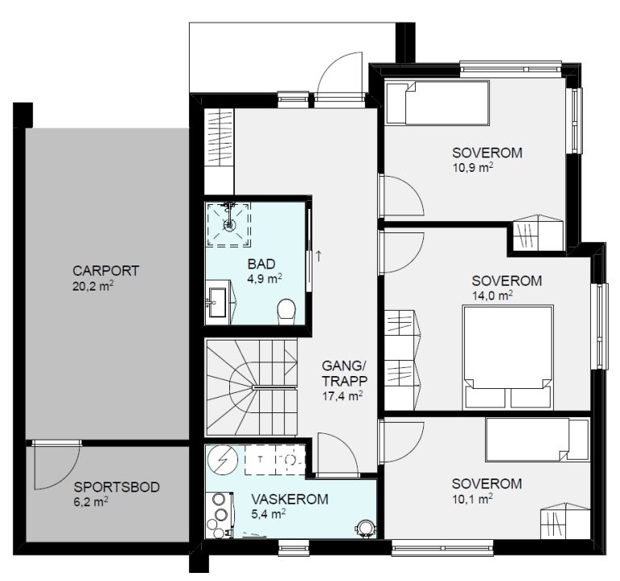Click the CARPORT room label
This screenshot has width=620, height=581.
(x=106, y=271)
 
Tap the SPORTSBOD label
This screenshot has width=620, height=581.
(x=116, y=487)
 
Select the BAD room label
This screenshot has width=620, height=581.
(x=262, y=264)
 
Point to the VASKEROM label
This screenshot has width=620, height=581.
(x=290, y=499)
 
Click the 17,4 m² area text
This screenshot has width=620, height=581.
(x=343, y=396)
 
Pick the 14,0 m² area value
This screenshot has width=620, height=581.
(x=492, y=295)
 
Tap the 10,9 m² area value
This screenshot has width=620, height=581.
(x=473, y=167)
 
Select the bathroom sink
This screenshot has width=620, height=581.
(x=218, y=303)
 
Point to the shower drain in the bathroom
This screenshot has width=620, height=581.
(x=229, y=224)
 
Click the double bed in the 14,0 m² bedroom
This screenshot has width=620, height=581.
(x=508, y=357)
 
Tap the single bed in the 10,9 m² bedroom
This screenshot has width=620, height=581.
(x=438, y=102)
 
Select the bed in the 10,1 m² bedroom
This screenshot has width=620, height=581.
(x=538, y=440)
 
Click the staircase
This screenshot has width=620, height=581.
(x=252, y=387)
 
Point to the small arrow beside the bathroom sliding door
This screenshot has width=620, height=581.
(x=319, y=256)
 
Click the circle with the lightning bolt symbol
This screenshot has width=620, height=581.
(x=223, y=461)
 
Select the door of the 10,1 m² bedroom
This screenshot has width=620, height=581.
(x=401, y=442)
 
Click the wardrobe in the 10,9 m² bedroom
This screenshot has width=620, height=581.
(x=538, y=232)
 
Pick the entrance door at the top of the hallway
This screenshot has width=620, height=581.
(x=340, y=77)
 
